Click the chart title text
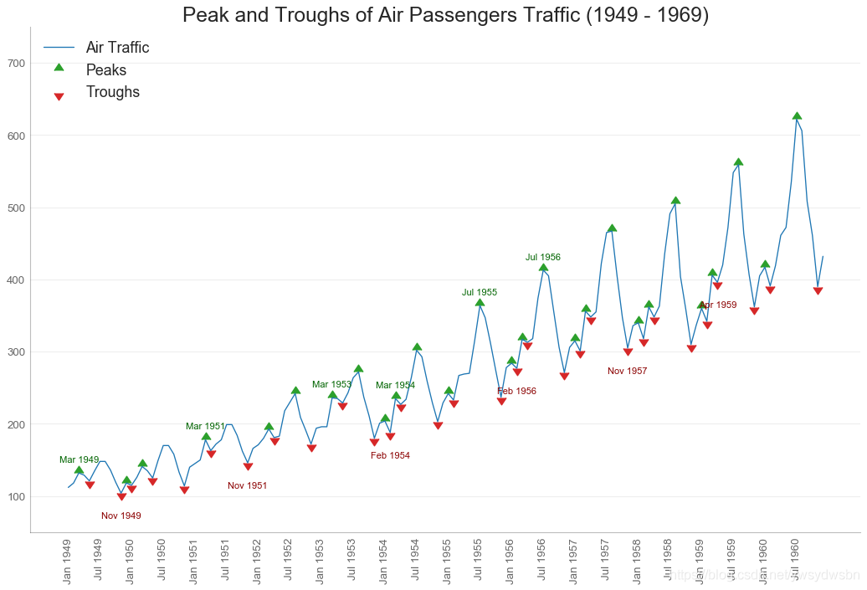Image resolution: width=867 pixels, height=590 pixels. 445,15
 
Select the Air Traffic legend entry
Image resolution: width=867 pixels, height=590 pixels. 117,48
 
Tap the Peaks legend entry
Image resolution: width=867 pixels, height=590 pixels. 105,70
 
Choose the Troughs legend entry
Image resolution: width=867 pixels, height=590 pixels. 112,92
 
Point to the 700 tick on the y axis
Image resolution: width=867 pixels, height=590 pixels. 39,64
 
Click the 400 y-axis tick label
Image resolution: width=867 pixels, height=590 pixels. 39,280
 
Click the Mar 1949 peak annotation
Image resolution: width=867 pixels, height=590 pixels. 79,460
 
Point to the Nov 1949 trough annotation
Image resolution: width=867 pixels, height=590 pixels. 121,516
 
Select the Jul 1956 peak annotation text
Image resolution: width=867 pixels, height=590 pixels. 543,258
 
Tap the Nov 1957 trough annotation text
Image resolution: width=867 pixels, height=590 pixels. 628,371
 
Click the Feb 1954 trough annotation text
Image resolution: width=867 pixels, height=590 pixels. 390,455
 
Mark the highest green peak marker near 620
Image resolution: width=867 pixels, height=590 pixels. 797,116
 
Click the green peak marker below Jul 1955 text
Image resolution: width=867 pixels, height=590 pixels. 480,303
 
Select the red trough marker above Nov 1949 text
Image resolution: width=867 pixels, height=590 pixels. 121,496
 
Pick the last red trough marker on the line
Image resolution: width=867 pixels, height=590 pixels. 818,290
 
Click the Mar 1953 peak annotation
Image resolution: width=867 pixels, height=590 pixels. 332,385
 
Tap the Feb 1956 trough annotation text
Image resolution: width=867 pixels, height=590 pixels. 516,392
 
